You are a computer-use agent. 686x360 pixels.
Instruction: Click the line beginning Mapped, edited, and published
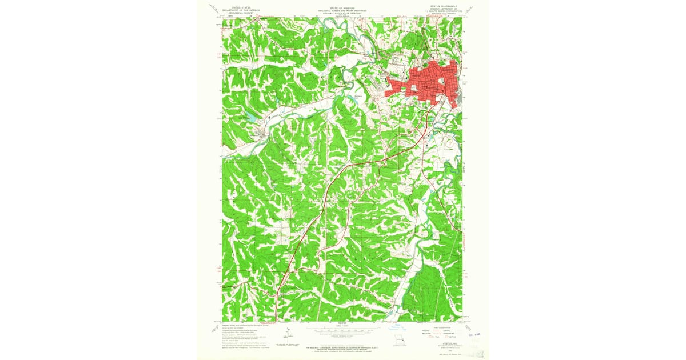240,324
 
